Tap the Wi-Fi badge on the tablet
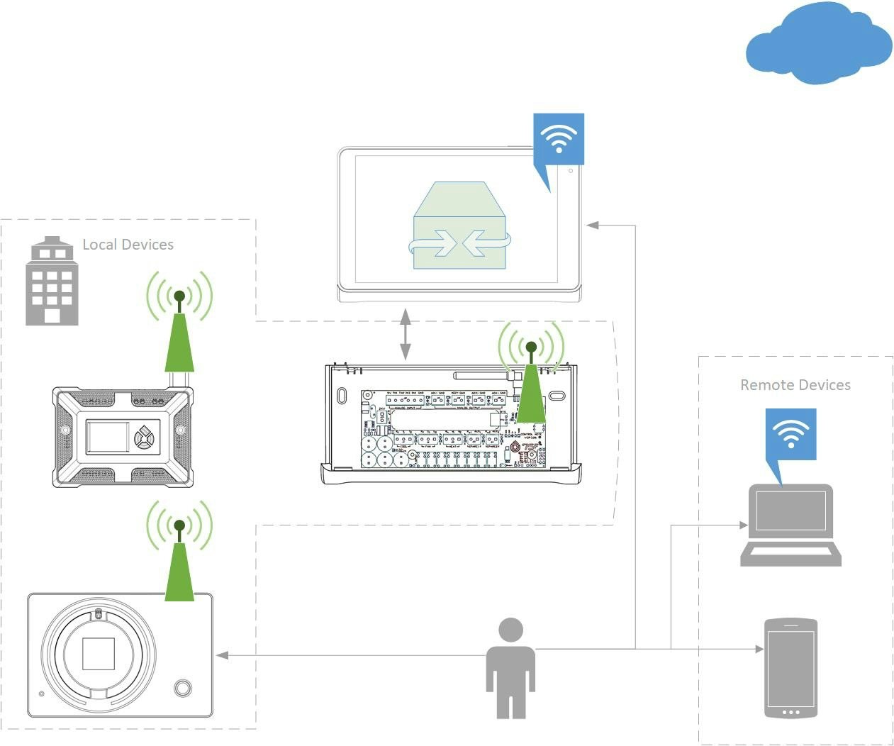(559, 140)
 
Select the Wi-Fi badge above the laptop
(790, 434)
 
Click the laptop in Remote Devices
(790, 525)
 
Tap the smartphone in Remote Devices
(790, 668)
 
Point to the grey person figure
(510, 667)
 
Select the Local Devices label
(128, 245)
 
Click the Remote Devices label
(795, 385)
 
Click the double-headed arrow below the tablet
(405, 334)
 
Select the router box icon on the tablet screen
(460, 227)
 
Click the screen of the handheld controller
(108, 437)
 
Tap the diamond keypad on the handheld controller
(145, 437)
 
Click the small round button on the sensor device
(183, 687)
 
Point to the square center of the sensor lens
(99, 653)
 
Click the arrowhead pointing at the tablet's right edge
(593, 225)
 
